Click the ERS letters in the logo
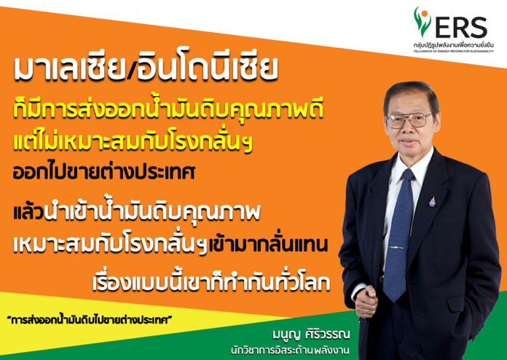point(461,27)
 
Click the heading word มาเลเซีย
point(69,69)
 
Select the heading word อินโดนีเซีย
point(207,69)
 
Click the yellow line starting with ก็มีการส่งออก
point(168,109)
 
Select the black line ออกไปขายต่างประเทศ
point(104,172)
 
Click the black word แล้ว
point(28,213)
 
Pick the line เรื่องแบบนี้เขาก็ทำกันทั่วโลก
point(211,281)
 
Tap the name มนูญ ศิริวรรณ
point(311,334)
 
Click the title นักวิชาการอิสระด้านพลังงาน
point(290,351)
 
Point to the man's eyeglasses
point(410,120)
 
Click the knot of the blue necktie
point(408,175)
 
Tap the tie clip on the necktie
point(396,248)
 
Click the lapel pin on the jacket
point(432,201)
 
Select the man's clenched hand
point(366,300)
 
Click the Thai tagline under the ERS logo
point(453,46)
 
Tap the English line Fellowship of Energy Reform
point(453,52)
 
